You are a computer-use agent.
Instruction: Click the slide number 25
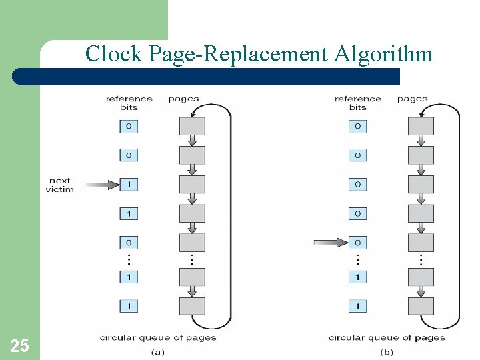(x=19, y=345)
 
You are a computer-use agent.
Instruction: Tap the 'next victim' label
(x=59, y=185)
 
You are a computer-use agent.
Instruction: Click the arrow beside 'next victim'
(x=101, y=185)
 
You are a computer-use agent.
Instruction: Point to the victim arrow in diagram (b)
(x=330, y=243)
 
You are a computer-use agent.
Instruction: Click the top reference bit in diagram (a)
(x=129, y=126)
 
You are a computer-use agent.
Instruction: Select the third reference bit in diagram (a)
(x=129, y=185)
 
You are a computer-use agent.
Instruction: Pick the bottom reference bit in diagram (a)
(x=129, y=306)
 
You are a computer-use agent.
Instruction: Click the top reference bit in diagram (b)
(x=358, y=126)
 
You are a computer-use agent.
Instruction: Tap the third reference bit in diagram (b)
(x=358, y=185)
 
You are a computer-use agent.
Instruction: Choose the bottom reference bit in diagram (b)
(x=358, y=306)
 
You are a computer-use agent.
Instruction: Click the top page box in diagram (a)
(x=192, y=126)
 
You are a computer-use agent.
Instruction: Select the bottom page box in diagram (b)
(x=421, y=306)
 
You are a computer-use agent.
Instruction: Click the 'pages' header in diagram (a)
(x=183, y=99)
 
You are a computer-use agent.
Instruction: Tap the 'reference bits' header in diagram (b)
(x=358, y=103)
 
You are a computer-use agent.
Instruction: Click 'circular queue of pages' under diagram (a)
(x=158, y=337)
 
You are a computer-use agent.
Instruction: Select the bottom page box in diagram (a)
(x=192, y=306)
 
